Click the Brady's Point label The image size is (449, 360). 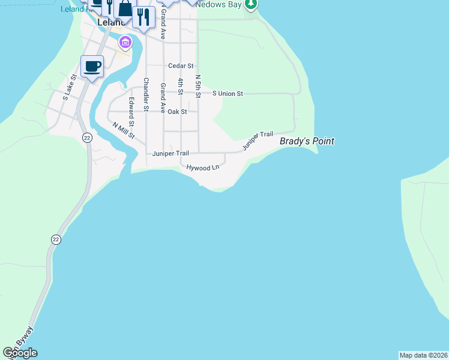(x=307, y=142)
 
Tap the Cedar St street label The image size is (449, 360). (x=181, y=66)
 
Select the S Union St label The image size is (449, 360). (x=228, y=94)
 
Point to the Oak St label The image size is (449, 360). (x=177, y=112)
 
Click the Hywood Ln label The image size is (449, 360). (x=203, y=167)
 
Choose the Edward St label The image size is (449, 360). (x=131, y=112)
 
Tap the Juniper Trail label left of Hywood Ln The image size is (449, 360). (x=170, y=154)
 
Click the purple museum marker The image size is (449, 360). (x=125, y=42)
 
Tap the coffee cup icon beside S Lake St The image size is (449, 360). (x=92, y=66)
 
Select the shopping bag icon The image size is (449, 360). (x=125, y=9)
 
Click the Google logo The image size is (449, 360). (x=20, y=353)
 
